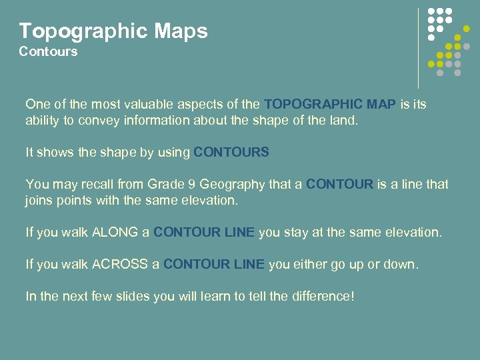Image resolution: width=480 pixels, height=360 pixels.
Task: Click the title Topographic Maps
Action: (x=113, y=31)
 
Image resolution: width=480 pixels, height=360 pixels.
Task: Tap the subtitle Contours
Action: (x=48, y=51)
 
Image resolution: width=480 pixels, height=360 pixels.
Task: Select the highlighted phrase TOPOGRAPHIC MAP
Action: (x=330, y=105)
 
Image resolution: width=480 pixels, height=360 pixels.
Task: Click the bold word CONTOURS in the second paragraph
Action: (x=231, y=152)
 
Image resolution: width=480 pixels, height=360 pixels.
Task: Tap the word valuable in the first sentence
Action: (x=137, y=105)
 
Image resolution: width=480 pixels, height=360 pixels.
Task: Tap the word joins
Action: (x=40, y=201)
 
